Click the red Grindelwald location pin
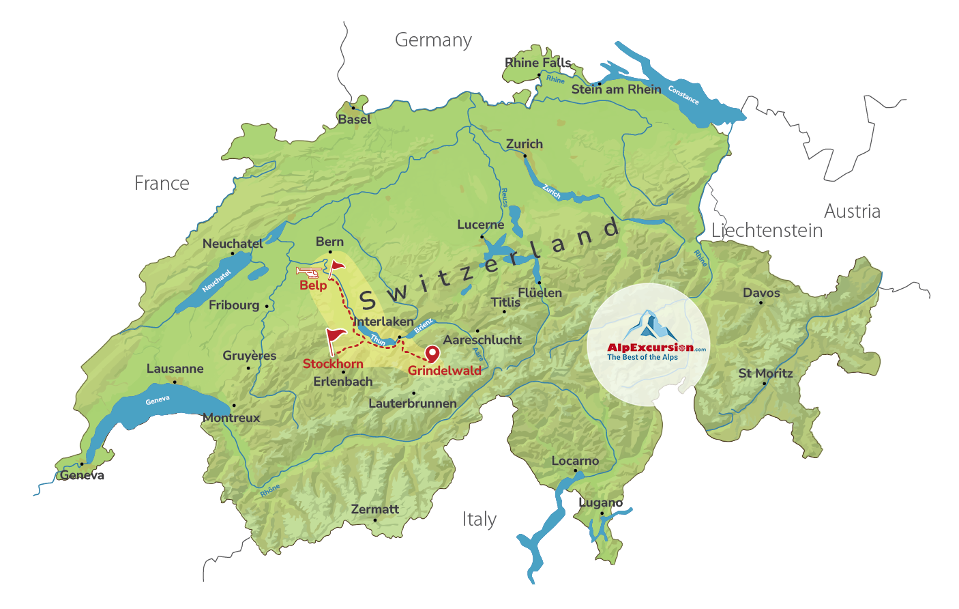pos(432,353)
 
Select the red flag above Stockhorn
pos(336,338)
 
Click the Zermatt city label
pos(374,509)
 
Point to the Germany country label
pos(433,40)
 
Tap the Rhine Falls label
pos(537,63)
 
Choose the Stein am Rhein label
pos(616,89)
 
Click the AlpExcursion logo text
pos(650,348)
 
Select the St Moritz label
pos(765,373)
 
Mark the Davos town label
pos(761,293)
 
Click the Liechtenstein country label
pos(767,231)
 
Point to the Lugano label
pos(600,502)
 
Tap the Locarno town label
pos(575,461)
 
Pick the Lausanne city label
pos(175,369)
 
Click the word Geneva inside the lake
pos(158,400)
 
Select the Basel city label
pos(355,119)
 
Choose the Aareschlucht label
pos(482,340)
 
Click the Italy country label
pos(479,520)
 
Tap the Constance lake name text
pos(683,95)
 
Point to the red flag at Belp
pos(336,268)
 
